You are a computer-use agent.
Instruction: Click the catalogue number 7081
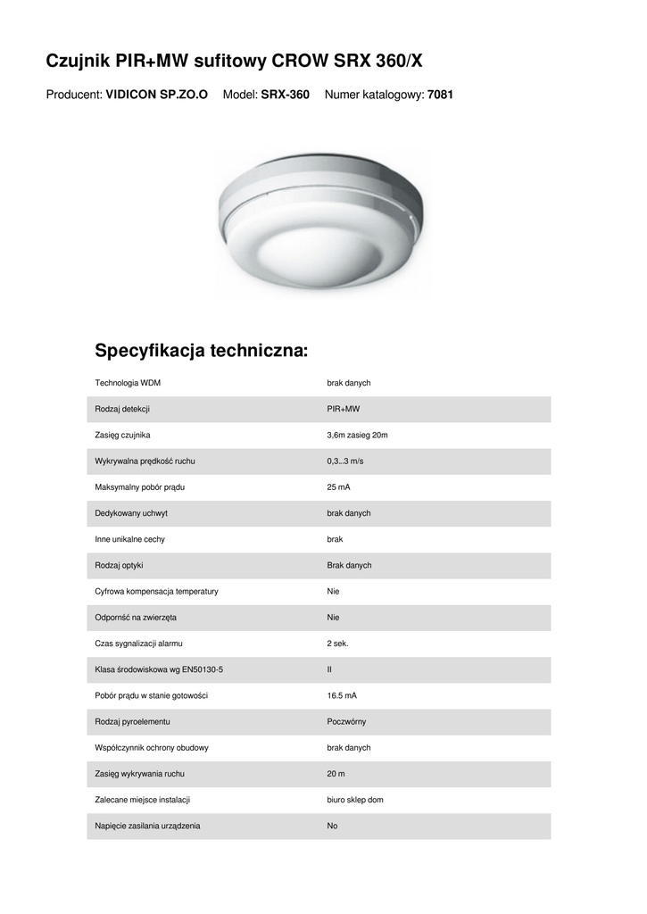(441, 94)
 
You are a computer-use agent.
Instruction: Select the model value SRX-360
(285, 94)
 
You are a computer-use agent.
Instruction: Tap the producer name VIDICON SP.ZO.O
(157, 94)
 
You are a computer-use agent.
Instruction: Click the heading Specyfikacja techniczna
(201, 349)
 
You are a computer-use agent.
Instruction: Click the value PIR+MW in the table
(344, 409)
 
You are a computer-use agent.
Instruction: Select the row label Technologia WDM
(128, 383)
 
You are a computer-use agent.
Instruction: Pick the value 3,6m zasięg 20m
(357, 435)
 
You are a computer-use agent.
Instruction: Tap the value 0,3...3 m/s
(345, 461)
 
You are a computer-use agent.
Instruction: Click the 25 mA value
(339, 487)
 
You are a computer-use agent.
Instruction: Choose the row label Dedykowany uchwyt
(131, 513)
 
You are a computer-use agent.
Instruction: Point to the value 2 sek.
(337, 644)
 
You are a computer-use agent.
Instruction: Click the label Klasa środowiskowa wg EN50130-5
(159, 669)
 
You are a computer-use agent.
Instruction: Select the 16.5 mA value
(343, 695)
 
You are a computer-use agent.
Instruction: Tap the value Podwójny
(346, 721)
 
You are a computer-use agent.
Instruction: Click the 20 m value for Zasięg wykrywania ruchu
(336, 774)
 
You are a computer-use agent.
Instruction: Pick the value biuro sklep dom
(355, 800)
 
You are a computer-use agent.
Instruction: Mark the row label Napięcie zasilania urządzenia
(147, 826)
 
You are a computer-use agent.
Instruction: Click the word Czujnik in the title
(79, 61)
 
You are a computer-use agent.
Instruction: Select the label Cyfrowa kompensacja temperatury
(156, 591)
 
